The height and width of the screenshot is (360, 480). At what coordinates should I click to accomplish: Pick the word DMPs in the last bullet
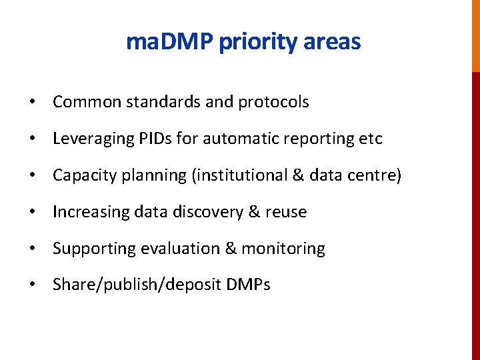(x=249, y=285)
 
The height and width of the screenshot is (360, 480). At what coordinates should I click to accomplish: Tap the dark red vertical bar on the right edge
(x=475, y=213)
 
